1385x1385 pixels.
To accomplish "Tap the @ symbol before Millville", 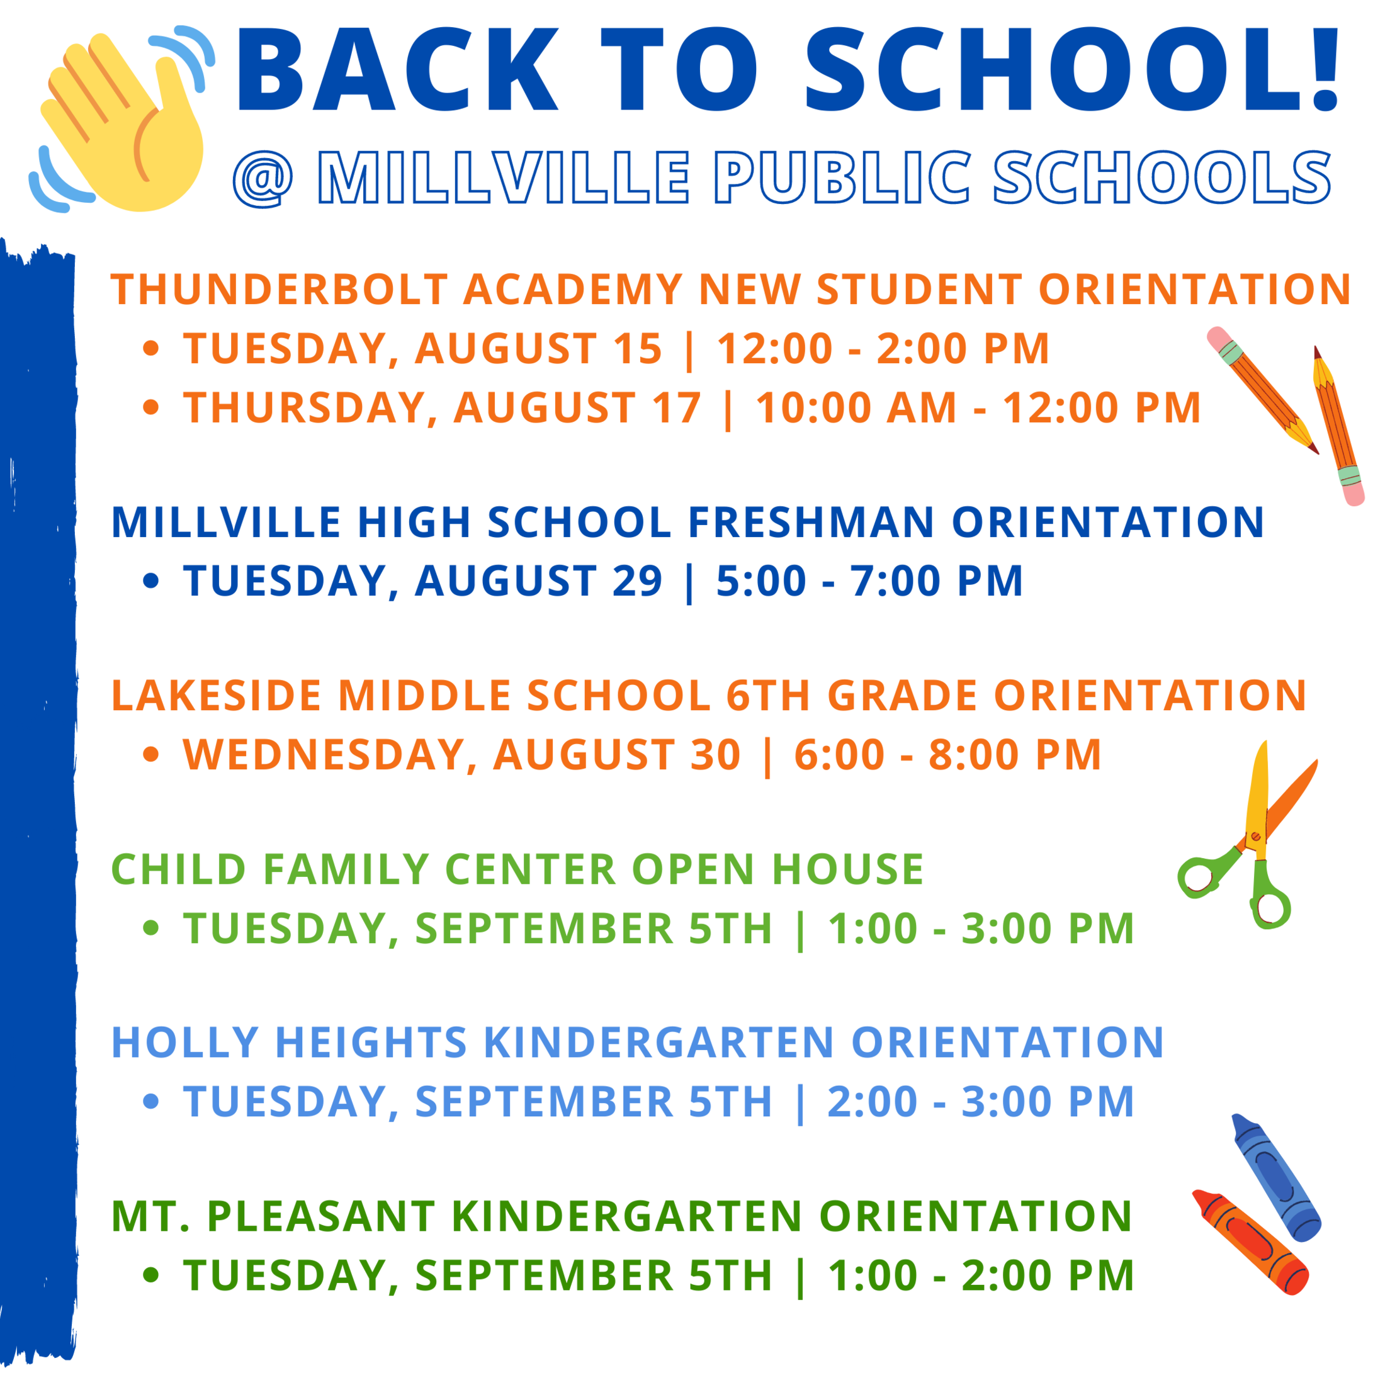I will pos(263,178).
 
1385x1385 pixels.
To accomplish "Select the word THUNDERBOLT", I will pos(280,290).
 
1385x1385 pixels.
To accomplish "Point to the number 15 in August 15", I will pos(637,349).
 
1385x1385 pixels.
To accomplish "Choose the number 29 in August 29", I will pos(637,580).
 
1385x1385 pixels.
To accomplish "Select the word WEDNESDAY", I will pos(331,755).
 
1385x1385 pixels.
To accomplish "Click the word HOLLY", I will pos(185,1043).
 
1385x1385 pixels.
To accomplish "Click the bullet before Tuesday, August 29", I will pos(150,580).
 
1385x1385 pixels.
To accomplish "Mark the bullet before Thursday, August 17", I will pos(150,407).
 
